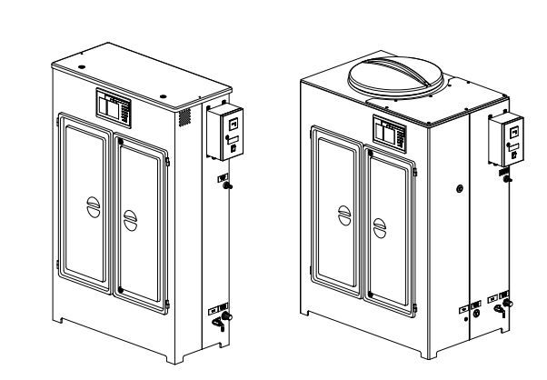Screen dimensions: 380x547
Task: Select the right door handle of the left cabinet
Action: click(x=130, y=219)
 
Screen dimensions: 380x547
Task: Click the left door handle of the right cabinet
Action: click(x=343, y=215)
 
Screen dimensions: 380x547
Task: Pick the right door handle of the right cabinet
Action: click(x=381, y=224)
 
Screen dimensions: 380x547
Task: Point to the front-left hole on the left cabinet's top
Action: click(x=81, y=68)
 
